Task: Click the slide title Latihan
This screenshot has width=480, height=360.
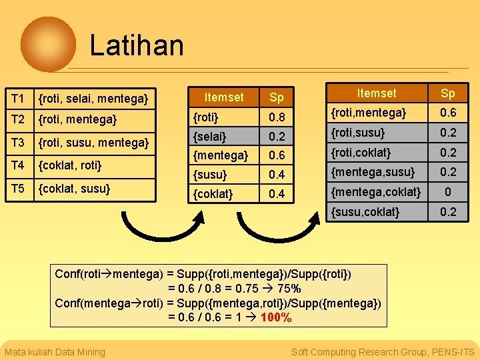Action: [137, 45]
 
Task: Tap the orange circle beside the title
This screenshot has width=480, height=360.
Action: [48, 44]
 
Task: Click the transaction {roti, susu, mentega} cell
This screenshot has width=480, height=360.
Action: [93, 142]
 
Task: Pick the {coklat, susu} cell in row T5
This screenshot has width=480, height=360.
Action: [74, 188]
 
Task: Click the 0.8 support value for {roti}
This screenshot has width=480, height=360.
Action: [277, 118]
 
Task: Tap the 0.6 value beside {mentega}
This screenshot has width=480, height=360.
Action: [277, 155]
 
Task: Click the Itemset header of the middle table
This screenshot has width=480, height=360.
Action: [223, 97]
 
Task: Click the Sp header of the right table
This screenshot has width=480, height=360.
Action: [447, 93]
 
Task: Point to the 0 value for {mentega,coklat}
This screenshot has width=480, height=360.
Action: [447, 193]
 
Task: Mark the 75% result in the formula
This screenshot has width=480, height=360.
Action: [289, 289]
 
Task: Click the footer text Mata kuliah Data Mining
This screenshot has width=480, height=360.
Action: [55, 352]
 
